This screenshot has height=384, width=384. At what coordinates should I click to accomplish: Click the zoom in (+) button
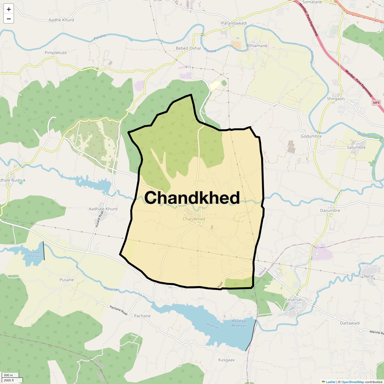point(9,9)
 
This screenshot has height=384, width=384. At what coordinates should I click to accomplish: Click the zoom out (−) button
point(9,19)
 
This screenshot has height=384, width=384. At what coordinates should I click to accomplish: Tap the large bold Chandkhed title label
point(192,198)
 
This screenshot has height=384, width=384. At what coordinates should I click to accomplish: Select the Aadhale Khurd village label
point(103,209)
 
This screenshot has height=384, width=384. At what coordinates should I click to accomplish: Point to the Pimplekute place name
point(56,53)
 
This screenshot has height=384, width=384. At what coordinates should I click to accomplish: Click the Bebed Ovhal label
point(188,48)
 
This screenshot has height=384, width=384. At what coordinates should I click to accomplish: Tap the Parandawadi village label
point(234,23)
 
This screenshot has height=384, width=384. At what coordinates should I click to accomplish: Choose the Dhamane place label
point(258,46)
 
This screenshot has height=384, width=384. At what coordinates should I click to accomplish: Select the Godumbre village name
point(311,136)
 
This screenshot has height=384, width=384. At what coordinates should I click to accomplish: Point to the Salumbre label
point(356,148)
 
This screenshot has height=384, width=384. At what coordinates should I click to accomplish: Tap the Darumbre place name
point(330,211)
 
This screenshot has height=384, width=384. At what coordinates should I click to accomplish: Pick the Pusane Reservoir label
point(34,255)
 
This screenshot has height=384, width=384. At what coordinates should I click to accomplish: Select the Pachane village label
point(142,316)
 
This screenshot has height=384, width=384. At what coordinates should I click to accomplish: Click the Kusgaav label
point(226,360)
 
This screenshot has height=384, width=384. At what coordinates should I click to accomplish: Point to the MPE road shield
point(376,103)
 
